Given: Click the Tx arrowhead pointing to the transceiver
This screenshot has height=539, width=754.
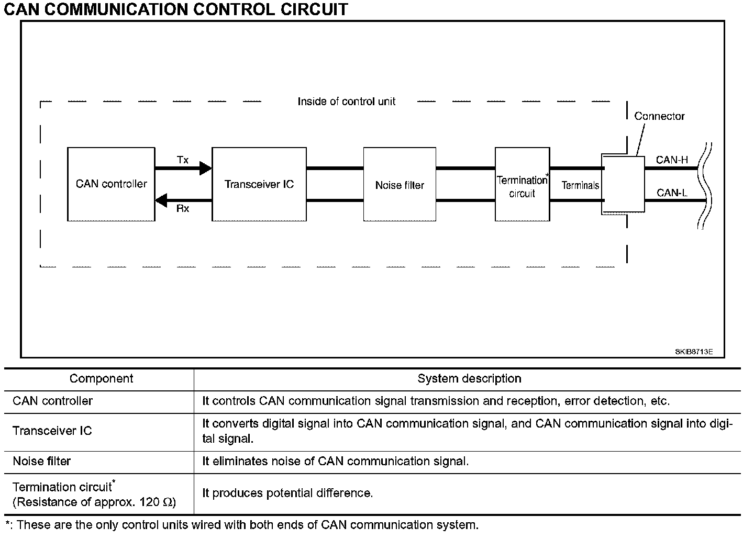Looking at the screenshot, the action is coord(206,168).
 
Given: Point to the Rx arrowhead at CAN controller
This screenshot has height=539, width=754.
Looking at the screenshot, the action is coord(161,200).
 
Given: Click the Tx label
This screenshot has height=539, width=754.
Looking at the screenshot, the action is coord(183,160).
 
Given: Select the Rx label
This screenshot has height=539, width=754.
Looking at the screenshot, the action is coord(183,209).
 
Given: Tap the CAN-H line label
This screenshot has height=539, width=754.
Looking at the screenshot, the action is coord(672,160).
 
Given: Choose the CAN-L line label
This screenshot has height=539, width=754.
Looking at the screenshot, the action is coord(672,193).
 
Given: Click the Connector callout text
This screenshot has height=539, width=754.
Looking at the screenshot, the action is coord(659,116).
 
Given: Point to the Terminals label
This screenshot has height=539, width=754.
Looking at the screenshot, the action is coord(580,185).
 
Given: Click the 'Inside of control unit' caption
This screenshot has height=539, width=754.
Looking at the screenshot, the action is coord(347,102).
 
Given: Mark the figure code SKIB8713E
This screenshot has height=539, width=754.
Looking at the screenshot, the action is coord(694,352).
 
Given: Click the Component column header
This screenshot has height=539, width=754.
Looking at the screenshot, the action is coord(102,378).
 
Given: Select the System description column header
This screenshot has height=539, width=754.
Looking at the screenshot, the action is coord(469,378).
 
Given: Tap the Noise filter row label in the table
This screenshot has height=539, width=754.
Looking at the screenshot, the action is coord(42,461).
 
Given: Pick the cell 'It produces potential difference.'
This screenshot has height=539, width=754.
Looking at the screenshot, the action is coord(287,493).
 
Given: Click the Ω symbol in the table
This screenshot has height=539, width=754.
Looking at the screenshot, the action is coord(168,502).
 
